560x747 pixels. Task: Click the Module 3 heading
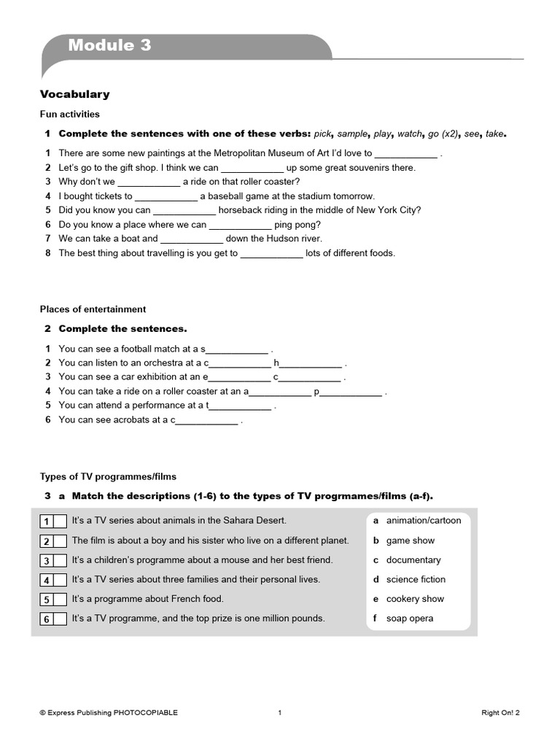tap(110, 45)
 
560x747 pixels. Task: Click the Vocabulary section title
tap(74, 94)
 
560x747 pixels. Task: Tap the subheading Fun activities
tap(69, 115)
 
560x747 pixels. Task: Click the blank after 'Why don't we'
tap(148, 182)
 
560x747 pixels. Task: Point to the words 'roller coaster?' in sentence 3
tap(267, 182)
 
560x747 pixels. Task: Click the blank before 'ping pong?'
tap(240, 225)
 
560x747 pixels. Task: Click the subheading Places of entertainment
tap(93, 309)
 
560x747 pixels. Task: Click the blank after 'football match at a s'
tap(238, 349)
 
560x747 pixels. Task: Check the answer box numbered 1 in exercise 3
tap(60, 522)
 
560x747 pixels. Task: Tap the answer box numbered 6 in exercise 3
tap(60, 619)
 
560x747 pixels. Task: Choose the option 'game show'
tap(410, 541)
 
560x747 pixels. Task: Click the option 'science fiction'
tap(416, 579)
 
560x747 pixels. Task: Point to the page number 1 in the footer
tap(279, 713)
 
